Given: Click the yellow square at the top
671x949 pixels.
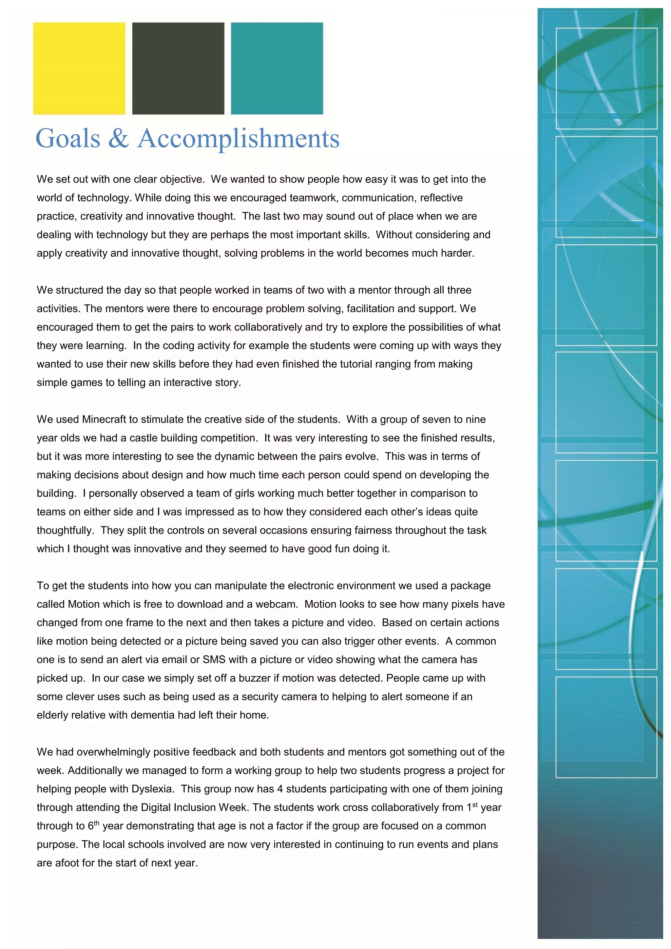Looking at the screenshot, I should point(79,68).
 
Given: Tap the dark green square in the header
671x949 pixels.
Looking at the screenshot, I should point(178,68).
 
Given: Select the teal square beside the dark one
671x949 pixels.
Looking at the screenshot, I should point(277,68).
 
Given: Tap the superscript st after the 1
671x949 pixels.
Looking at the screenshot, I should point(475,805).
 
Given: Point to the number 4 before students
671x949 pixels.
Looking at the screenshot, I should point(280,789).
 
